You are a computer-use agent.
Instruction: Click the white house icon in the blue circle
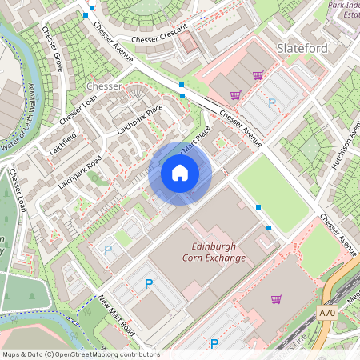(x=180, y=174)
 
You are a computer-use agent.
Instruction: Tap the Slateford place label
(x=302, y=49)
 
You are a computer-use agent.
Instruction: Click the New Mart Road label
(x=117, y=315)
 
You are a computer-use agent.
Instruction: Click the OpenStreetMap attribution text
(x=81, y=354)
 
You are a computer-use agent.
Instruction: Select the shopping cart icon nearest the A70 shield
(x=276, y=299)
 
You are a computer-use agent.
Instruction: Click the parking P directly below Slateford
(x=272, y=102)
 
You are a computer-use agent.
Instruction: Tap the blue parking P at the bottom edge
(x=214, y=344)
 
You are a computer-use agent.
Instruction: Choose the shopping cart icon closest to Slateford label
(x=258, y=75)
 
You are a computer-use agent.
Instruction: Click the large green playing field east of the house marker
(x=272, y=192)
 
